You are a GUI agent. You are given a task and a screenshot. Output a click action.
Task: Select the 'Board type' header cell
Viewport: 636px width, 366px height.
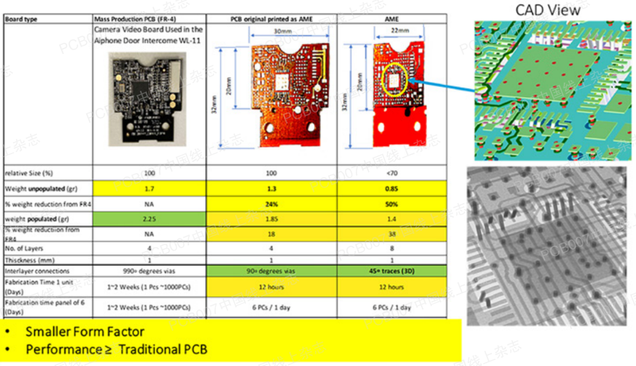21,20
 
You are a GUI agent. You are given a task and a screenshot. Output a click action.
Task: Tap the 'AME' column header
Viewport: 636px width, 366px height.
392,20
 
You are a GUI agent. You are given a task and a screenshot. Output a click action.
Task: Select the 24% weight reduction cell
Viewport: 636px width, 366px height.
271,204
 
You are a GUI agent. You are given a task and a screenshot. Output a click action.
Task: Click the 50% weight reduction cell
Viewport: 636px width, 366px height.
392,204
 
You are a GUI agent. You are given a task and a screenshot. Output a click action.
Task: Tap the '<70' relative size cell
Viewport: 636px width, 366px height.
392,173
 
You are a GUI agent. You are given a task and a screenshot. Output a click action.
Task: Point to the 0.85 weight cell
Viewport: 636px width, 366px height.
392,189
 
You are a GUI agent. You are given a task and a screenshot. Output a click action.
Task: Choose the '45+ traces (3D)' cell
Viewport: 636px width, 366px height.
392,271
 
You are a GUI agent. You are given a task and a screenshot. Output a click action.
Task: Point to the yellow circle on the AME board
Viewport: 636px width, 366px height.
395,78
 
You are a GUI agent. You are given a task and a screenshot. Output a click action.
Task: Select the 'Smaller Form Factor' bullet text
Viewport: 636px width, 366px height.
85,332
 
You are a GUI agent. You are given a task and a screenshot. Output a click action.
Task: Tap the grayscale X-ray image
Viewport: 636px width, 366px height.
549,245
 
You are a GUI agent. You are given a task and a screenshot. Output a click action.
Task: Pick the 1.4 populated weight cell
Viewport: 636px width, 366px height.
392,219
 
